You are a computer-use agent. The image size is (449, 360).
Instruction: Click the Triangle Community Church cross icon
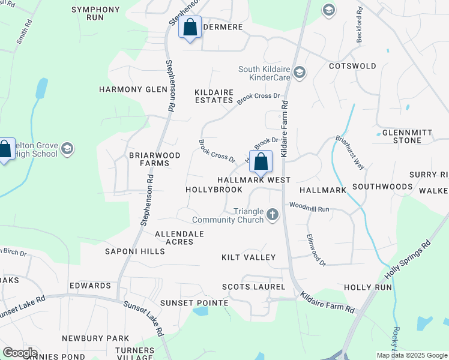coord(273,214)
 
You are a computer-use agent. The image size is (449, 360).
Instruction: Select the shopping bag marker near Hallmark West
coord(261,161)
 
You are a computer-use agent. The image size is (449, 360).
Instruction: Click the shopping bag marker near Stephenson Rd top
coord(190,28)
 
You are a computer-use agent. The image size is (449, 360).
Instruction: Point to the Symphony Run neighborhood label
coord(95,14)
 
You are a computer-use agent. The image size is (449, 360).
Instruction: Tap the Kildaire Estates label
coord(214,96)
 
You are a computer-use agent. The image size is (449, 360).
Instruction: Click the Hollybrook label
coord(214,190)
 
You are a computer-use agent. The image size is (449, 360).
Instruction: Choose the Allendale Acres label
coord(179,238)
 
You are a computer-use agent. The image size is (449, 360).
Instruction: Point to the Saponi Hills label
coord(134,251)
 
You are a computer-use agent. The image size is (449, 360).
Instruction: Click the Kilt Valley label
coord(249,257)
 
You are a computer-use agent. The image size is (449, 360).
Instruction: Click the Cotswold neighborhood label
coord(352,66)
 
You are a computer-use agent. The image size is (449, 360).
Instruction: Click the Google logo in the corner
coord(20,353)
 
